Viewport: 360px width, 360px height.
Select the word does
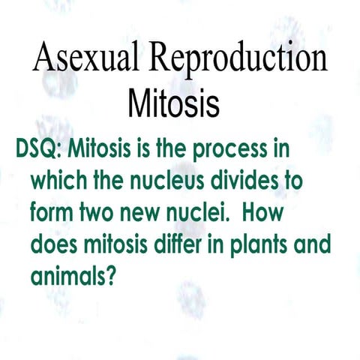pyautogui.click(x=55, y=245)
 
